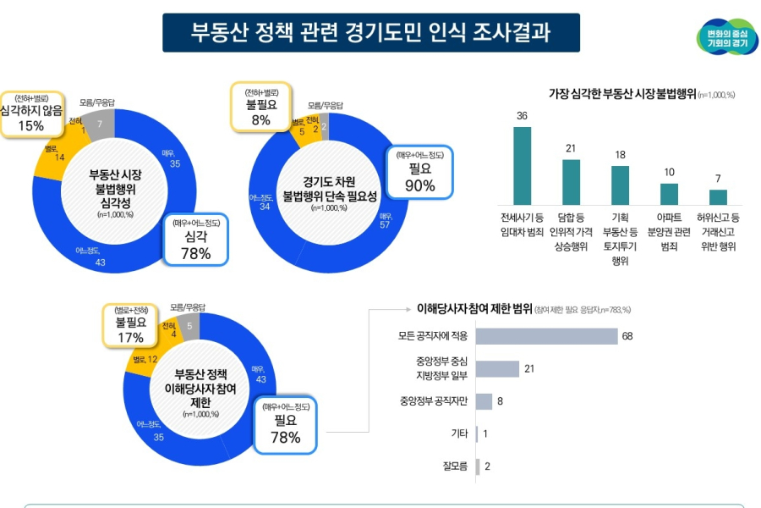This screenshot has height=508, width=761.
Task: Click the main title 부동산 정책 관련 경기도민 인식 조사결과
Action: tap(371, 32)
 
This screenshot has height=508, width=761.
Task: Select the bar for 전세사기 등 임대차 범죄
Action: tap(523, 165)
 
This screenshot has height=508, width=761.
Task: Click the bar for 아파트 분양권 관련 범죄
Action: tap(669, 194)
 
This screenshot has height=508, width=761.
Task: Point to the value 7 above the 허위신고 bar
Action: tap(718, 179)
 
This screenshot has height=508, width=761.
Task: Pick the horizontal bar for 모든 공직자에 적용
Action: tap(546, 336)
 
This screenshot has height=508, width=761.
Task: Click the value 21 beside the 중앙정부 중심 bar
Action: tap(529, 369)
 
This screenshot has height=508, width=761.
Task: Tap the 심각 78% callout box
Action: tap(196, 239)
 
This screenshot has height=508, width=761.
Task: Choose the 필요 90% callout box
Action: tap(420, 171)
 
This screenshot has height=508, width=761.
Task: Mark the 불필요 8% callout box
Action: tap(260, 106)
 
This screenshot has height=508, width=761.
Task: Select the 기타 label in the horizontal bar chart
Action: tap(459, 433)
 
